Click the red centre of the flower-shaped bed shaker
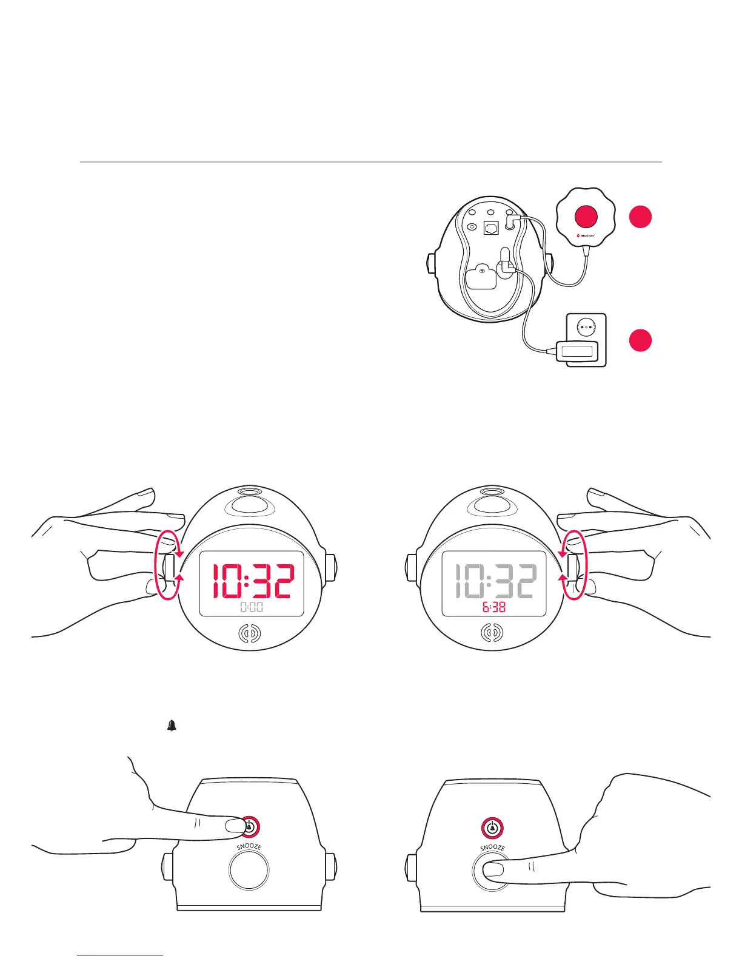pyautogui.click(x=586, y=217)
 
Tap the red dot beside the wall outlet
pyautogui.click(x=640, y=340)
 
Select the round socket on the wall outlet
pyautogui.click(x=585, y=326)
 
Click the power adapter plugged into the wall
pyautogui.click(x=577, y=351)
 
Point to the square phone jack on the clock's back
pyautogui.click(x=491, y=229)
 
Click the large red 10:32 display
pyautogui.click(x=252, y=581)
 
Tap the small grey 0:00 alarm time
pyautogui.click(x=252, y=607)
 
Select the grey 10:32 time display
pyautogui.click(x=495, y=581)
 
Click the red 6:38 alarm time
pyautogui.click(x=494, y=607)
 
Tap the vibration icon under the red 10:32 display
pyautogui.click(x=250, y=634)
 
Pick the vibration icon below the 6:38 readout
pyautogui.click(x=492, y=634)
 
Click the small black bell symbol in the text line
pyautogui.click(x=172, y=726)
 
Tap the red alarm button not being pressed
pyautogui.click(x=493, y=828)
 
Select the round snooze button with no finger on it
pyautogui.click(x=249, y=869)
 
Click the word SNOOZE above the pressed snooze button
pyautogui.click(x=492, y=848)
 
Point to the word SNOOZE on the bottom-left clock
pyautogui.click(x=249, y=847)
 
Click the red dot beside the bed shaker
pyautogui.click(x=640, y=217)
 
